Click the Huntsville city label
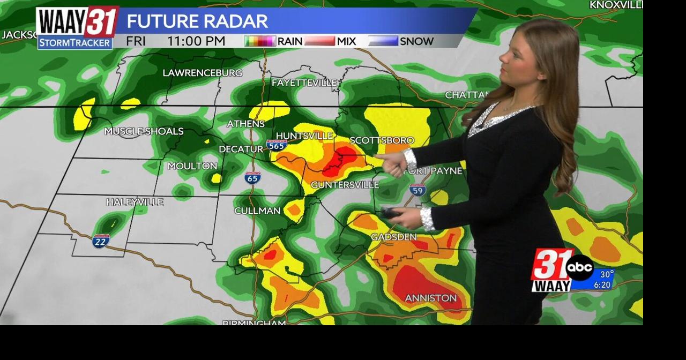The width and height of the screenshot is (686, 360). coord(304,136)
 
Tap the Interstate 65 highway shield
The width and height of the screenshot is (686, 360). coord(253,178)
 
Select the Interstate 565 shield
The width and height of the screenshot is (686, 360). coord(277,145)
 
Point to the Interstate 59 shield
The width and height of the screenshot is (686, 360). coord(417,189)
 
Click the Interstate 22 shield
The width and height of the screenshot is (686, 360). coord(100,241)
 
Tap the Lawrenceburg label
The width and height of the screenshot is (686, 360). coord(202,73)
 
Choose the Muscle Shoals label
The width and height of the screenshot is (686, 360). coord(144,131)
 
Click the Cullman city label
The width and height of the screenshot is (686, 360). coord(257,211)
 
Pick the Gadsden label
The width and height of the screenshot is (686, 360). coord(393,237)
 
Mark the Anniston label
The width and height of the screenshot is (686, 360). coord(430,298)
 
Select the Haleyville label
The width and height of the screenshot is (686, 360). coord(135,202)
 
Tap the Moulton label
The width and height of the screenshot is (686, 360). coord(192,166)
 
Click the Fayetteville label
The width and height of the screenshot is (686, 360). coord(304,83)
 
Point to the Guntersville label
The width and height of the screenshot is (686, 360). coord(345,185)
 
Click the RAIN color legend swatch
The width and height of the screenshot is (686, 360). coord(260,41)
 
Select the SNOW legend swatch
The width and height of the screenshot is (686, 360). coord(383,41)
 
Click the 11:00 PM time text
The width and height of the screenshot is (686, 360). coord(196,41)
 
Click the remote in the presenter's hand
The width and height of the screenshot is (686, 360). coord(390,213)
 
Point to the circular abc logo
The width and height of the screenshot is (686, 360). coord(579,267)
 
